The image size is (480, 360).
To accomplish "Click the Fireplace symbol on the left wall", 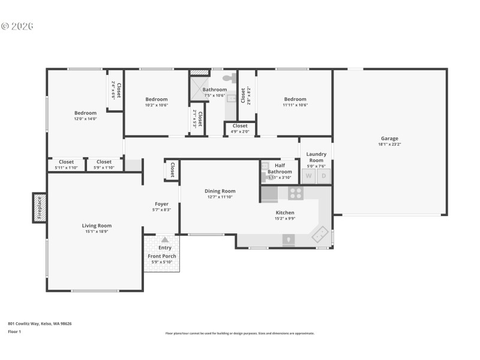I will [x=40, y=208].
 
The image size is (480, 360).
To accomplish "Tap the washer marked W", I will [x=309, y=176].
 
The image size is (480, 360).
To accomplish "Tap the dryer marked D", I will [x=324, y=176].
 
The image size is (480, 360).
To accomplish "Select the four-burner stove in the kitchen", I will [x=295, y=193].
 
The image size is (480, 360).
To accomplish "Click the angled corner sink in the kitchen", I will [x=320, y=234].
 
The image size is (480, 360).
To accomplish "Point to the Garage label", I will [x=389, y=139].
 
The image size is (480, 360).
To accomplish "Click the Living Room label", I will [x=97, y=226].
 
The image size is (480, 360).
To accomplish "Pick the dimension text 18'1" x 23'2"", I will [x=389, y=144].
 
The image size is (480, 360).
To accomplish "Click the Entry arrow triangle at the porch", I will [x=164, y=239].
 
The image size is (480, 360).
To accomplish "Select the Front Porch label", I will [x=161, y=256].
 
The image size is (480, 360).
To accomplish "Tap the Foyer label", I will [x=161, y=204].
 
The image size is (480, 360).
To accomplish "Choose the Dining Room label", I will [x=220, y=191].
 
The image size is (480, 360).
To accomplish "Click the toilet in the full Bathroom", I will [x=229, y=77].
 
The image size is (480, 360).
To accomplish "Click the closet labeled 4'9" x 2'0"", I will [x=240, y=128].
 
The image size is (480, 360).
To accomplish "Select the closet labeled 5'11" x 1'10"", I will [x=67, y=164].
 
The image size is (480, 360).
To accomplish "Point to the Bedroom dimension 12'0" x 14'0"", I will [x=85, y=119].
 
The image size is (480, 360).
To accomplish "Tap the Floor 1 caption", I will [x=14, y=331].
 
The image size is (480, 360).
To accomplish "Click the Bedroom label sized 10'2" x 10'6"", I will [x=157, y=99].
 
